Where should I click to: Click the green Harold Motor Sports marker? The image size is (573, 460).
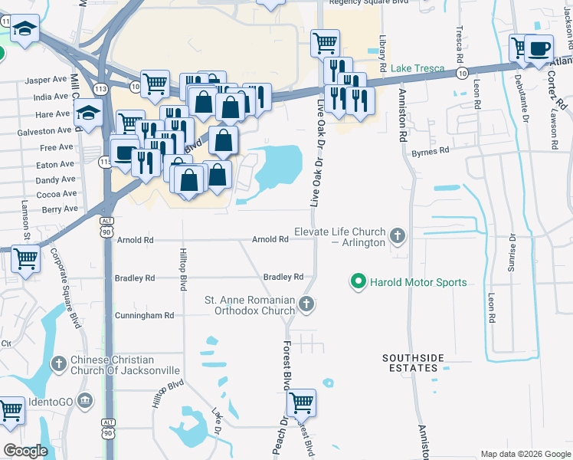[357, 282]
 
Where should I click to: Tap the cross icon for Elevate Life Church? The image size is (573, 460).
[397, 235]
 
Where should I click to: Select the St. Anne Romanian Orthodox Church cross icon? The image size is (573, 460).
[306, 305]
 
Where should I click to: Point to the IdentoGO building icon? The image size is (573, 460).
[85, 400]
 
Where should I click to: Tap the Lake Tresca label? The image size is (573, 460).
[418, 68]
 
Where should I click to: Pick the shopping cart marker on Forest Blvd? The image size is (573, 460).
[301, 400]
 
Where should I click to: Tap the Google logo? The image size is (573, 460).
[26, 451]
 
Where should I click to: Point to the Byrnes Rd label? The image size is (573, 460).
[430, 152]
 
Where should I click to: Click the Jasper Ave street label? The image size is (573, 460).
[46, 80]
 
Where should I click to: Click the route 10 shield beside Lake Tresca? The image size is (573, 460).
[460, 72]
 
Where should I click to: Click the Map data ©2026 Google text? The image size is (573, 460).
[525, 454]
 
